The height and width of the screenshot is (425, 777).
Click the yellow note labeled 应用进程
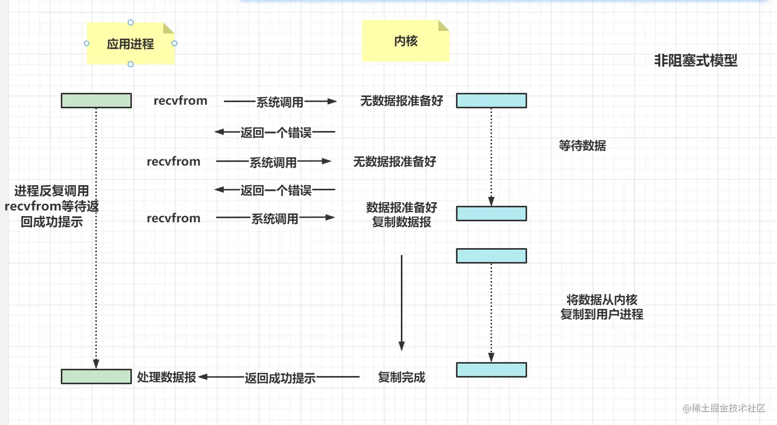click(130, 44)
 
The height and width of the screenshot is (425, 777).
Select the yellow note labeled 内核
click(406, 41)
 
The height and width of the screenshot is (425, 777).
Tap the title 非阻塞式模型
click(696, 61)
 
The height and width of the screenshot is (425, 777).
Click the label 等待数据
click(582, 146)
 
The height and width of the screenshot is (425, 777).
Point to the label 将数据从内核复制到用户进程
click(602, 307)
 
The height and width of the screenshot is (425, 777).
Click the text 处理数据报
click(166, 377)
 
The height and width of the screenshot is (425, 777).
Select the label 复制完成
click(401, 377)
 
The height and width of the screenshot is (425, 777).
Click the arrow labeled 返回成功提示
click(280, 378)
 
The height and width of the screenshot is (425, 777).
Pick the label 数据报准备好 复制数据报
click(401, 215)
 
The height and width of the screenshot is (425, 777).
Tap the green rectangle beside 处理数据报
click(96, 377)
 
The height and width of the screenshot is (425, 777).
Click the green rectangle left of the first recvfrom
click(96, 101)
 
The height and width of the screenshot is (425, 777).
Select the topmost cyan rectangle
click(492, 101)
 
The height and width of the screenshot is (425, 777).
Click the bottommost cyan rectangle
click(492, 370)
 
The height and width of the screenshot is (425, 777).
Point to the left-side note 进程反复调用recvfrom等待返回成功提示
click(52, 206)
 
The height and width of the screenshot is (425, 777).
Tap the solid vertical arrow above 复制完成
click(401, 302)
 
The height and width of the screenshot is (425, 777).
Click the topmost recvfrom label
click(180, 101)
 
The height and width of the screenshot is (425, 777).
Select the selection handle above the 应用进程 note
click(130, 23)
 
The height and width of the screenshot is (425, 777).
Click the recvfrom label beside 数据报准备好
click(173, 218)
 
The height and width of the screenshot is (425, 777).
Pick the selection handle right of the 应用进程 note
click(174, 43)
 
